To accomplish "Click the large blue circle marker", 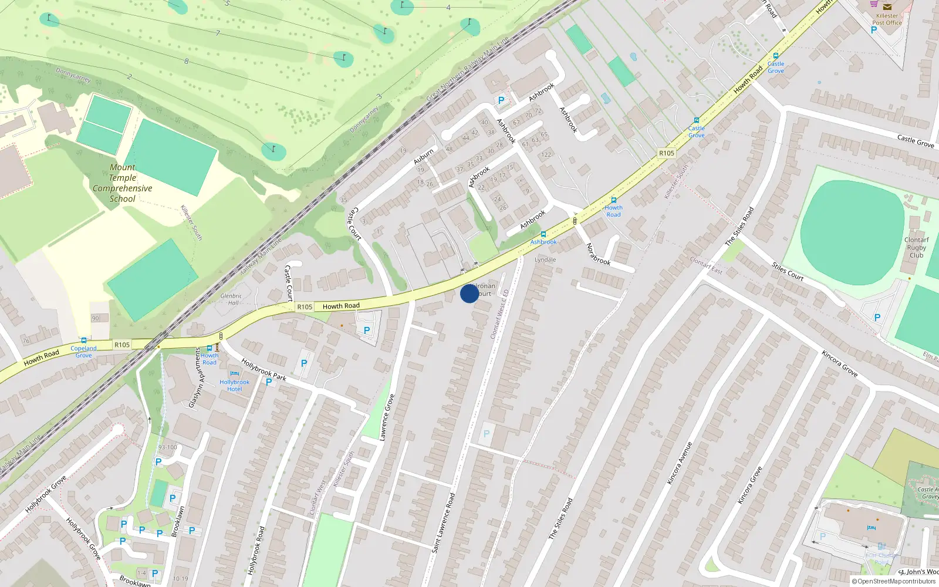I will (469, 293).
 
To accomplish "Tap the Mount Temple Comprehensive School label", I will (122, 183).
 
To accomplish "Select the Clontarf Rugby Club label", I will (916, 247).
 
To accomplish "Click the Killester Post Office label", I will (887, 19).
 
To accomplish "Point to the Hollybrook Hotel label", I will (234, 385).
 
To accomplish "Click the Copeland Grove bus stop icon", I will (84, 340).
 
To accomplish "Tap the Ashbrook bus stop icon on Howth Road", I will (543, 234).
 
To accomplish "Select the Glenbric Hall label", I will (231, 299).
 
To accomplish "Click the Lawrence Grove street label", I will (386, 417).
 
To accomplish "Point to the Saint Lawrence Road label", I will (443, 522).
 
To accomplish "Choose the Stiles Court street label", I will (787, 271).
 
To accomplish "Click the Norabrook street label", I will (599, 254).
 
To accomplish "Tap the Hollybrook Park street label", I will (264, 370).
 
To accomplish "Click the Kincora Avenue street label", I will (680, 463).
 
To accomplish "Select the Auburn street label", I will (424, 156).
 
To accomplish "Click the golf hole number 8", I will (187, 61).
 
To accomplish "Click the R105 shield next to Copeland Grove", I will (122, 345).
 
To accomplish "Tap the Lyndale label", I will (545, 259).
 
